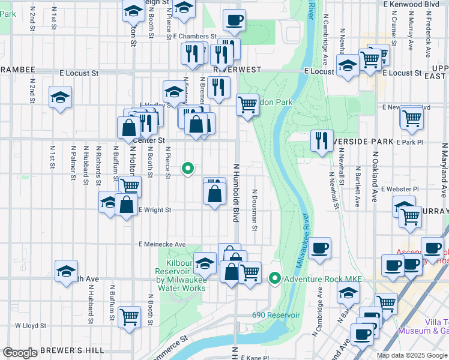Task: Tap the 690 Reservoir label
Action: pyautogui.click(x=276, y=315)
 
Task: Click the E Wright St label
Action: pyautogui.click(x=155, y=210)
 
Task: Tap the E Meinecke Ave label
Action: pyautogui.click(x=162, y=245)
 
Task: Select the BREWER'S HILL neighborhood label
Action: pyautogui.click(x=72, y=350)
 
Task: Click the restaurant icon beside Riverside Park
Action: pyautogui.click(x=322, y=141)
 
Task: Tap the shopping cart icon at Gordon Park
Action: pyautogui.click(x=247, y=104)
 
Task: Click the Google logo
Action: pyautogui.click(x=19, y=353)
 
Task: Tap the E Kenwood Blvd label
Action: pyautogui.click(x=411, y=4)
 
